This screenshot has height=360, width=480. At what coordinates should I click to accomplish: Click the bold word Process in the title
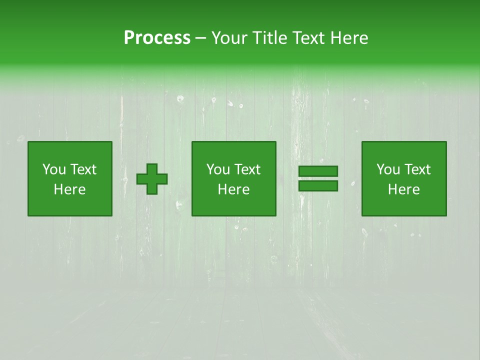pos(157,38)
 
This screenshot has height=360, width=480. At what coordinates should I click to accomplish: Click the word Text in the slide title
pos(306,38)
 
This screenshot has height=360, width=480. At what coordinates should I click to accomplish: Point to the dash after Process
pos(200,39)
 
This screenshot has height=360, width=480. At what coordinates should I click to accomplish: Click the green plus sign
pos(152,178)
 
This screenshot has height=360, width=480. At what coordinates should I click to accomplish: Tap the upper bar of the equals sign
pos(318,171)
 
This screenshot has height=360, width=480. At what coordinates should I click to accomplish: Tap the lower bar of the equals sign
pos(318,185)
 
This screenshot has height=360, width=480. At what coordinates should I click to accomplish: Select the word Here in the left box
pos(69,189)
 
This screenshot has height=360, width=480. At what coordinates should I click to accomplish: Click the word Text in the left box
pos(83,169)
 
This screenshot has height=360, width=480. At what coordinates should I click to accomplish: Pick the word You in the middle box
pos(218,169)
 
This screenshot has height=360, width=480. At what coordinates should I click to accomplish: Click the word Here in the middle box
pos(233,189)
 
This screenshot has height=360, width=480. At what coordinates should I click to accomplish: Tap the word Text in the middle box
pos(247,169)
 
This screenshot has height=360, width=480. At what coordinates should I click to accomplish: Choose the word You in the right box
pos(388,169)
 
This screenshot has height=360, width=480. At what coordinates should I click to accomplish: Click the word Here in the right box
pos(403,189)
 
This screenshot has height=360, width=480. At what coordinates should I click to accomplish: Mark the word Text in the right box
pos(417,169)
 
